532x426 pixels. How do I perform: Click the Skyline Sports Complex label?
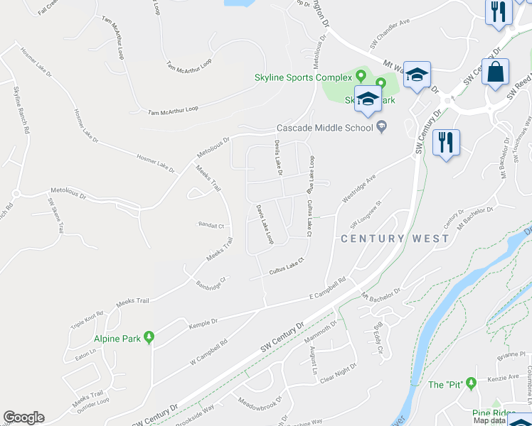coord(304,77)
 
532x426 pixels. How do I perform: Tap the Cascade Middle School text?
coord(324,128)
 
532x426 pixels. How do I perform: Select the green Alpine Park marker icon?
coord(149,337)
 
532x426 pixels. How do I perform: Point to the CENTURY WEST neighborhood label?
coord(395,239)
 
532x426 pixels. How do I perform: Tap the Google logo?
coord(23,417)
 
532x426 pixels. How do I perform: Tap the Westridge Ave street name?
coord(359,189)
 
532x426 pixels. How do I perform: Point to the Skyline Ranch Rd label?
coord(21,110)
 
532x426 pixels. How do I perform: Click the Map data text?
coord(491,420)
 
